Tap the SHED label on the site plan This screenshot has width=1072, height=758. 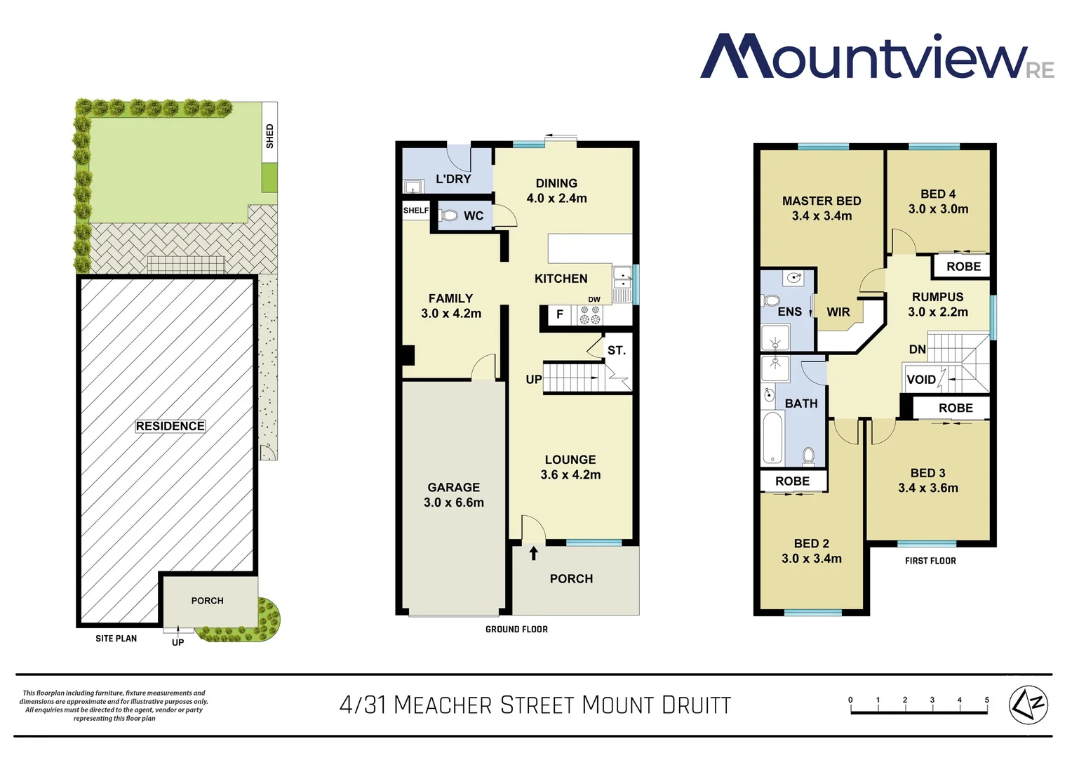269,135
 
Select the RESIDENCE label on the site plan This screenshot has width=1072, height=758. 170,426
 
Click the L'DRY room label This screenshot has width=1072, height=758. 453,179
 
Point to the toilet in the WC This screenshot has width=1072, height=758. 449,215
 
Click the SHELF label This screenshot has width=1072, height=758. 415,211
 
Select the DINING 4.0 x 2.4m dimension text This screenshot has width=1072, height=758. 557,199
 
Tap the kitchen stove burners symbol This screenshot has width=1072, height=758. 589,315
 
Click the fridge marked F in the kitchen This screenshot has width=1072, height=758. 560,314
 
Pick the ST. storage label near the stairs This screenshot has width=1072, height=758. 616,350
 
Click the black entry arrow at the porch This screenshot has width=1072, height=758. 533,553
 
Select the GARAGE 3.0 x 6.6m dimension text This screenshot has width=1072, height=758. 454,503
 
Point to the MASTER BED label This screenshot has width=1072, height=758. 822,201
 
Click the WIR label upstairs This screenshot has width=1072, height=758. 838,312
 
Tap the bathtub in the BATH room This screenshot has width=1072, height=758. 772,437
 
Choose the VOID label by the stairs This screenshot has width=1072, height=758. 921,380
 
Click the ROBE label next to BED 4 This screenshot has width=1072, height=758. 963,267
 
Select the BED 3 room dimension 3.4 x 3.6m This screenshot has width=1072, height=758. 928,488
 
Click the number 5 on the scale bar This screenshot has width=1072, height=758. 986,700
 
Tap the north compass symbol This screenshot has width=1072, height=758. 1028,703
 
